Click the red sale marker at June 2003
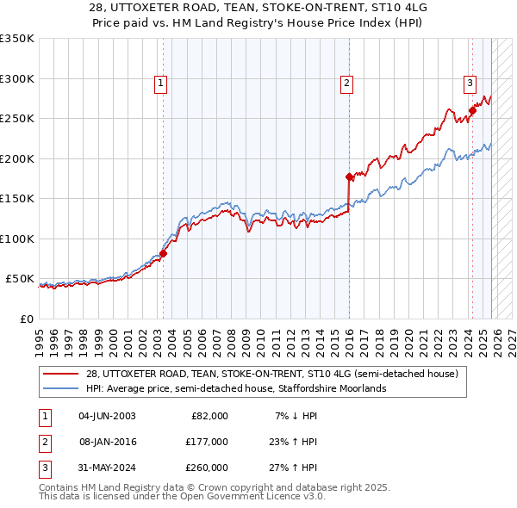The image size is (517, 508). [x=163, y=253]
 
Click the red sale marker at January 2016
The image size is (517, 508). [x=349, y=177]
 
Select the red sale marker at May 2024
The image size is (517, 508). [x=472, y=110]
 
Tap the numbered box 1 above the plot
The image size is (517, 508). [x=161, y=84]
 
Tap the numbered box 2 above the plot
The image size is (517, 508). [x=346, y=84]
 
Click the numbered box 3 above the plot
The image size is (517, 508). [x=470, y=84]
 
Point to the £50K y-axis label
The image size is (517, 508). [x=21, y=279]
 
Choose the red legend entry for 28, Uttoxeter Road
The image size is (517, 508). [x=276, y=374]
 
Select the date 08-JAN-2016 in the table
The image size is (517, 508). [x=108, y=442]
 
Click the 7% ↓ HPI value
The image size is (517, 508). [x=295, y=416]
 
